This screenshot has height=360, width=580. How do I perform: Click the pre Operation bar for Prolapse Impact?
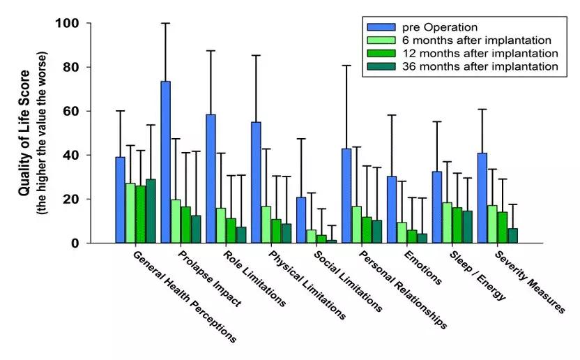coord(165,162)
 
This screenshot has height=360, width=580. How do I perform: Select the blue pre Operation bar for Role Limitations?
coord(211,179)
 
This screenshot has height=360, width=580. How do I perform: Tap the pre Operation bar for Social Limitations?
coord(301,220)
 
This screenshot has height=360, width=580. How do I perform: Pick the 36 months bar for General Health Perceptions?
coord(151,211)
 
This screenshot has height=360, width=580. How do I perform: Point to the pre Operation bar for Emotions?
coord(392,209)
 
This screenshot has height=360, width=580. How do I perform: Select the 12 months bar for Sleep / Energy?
coord(457,225)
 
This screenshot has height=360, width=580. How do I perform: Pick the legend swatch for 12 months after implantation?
coord(375,53)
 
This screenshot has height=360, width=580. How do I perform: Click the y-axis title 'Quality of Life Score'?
coord(24,133)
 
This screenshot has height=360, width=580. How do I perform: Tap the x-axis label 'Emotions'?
coord(422,267)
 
